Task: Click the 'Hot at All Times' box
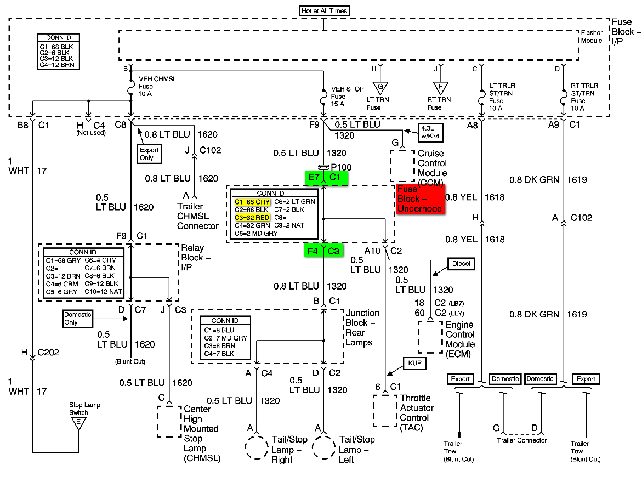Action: pyautogui.click(x=324, y=10)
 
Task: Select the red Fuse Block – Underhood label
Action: pyautogui.click(x=419, y=199)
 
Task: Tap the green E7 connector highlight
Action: pyautogui.click(x=314, y=177)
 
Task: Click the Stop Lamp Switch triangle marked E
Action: pyautogui.click(x=79, y=422)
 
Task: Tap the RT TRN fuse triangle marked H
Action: pyautogui.click(x=439, y=87)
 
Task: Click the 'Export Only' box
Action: pyautogui.click(x=149, y=154)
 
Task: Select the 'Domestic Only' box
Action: pyautogui.click(x=77, y=319)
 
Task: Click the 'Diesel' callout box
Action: pyautogui.click(x=461, y=264)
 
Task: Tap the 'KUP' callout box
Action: pyautogui.click(x=413, y=363)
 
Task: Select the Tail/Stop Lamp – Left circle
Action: pyautogui.click(x=324, y=448)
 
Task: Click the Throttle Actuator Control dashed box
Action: pyautogui.click(x=385, y=410)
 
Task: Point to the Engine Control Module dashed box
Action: pyautogui.click(x=430, y=337)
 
